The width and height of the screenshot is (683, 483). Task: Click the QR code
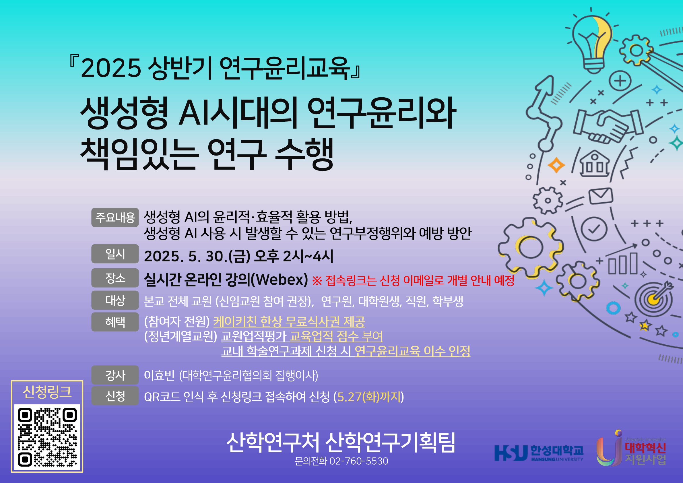[48, 437]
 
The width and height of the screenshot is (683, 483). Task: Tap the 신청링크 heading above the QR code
[47, 392]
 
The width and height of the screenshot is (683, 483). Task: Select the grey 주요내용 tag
[115, 218]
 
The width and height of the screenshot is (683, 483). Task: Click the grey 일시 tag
[115, 254]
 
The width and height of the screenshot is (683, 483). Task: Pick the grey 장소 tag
[115, 278]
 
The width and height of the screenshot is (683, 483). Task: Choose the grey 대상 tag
[115, 300]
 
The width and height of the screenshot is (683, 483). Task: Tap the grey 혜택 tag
[115, 322]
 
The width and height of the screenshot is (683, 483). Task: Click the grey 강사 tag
[115, 375]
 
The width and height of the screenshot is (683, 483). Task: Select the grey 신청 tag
[115, 396]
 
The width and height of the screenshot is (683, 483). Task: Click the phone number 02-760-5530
[359, 461]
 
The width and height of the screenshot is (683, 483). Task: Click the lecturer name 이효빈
[159, 375]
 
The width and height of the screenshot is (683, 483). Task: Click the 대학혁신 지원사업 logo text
[645, 453]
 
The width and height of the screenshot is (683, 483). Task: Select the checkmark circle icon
[594, 229]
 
